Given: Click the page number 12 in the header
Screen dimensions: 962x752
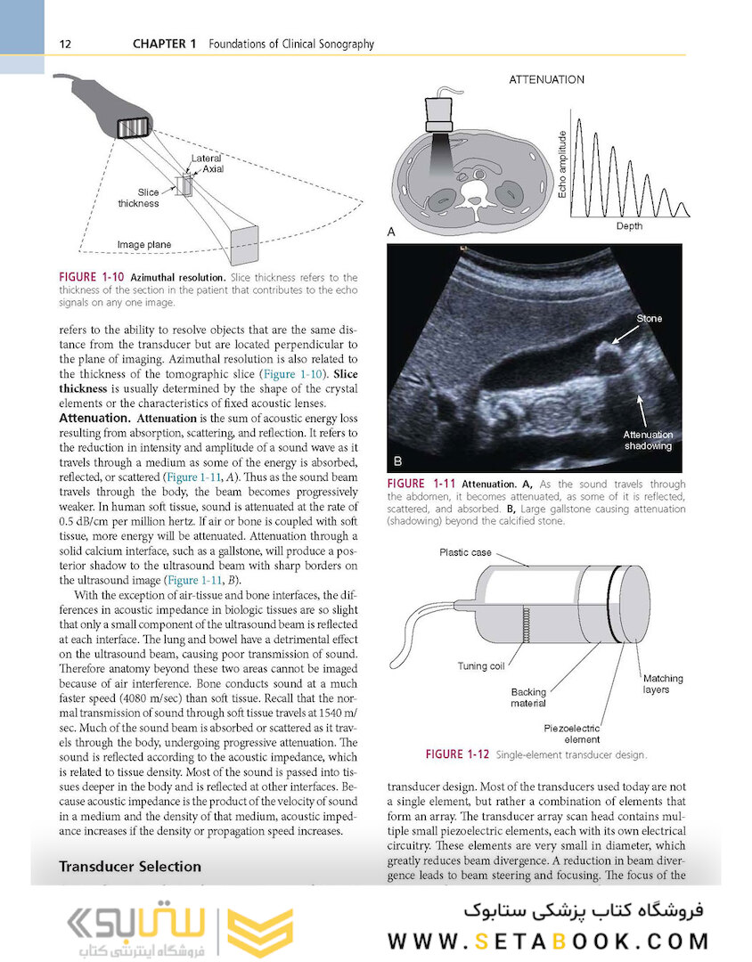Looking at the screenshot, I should tap(65, 44).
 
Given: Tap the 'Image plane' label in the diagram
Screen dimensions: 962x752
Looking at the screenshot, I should tap(143, 244).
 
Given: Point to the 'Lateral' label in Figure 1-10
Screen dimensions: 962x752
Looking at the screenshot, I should tap(207, 159).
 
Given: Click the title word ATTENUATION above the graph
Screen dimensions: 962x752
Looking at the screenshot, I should tap(547, 79).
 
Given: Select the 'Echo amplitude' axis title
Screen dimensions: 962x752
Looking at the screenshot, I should tap(561, 164).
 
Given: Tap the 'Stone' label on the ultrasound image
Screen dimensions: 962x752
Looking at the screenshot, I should tap(649, 318).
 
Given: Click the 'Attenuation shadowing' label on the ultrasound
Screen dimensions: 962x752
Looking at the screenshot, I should tap(648, 440).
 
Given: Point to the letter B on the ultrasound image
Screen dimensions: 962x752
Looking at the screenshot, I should tap(397, 461).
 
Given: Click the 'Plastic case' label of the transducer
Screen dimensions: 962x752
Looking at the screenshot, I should tap(465, 552).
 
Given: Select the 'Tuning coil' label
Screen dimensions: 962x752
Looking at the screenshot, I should tap(481, 665).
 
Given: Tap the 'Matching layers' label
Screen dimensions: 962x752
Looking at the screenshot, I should tap(662, 683).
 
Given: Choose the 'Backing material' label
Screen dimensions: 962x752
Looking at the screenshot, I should tap(528, 697).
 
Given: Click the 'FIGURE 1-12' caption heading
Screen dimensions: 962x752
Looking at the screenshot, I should tap(457, 754).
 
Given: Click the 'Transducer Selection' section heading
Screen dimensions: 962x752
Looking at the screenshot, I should tap(130, 866).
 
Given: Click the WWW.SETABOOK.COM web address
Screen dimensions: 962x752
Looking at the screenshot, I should tap(548, 941).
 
